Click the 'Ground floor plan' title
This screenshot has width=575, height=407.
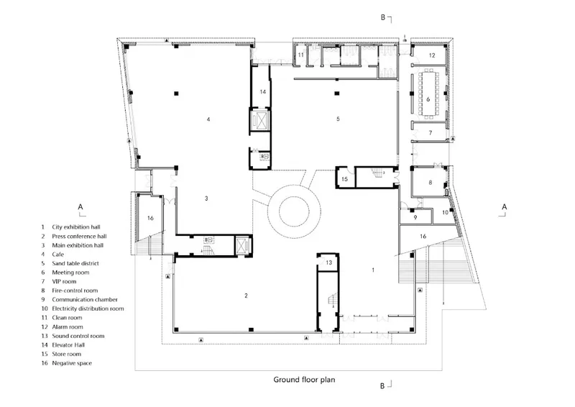304,380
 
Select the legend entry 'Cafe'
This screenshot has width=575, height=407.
58,255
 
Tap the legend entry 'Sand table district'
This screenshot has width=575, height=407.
75,263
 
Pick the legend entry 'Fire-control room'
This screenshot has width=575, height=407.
75,291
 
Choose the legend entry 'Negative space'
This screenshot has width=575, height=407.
72,363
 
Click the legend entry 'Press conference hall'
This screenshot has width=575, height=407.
79,236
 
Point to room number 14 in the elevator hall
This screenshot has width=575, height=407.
262,91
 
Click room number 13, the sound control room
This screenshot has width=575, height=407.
328,262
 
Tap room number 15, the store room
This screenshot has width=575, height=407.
344,179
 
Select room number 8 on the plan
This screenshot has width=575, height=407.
430,183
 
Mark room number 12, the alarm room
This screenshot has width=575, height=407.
432,55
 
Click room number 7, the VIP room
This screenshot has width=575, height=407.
431,133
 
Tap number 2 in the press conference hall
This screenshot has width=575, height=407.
246,296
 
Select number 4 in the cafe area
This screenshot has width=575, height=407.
208,119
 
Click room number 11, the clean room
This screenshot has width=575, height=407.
300,55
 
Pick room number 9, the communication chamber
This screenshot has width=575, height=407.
415,218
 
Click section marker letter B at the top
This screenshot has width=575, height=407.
383,17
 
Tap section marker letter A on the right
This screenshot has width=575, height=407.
505,207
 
